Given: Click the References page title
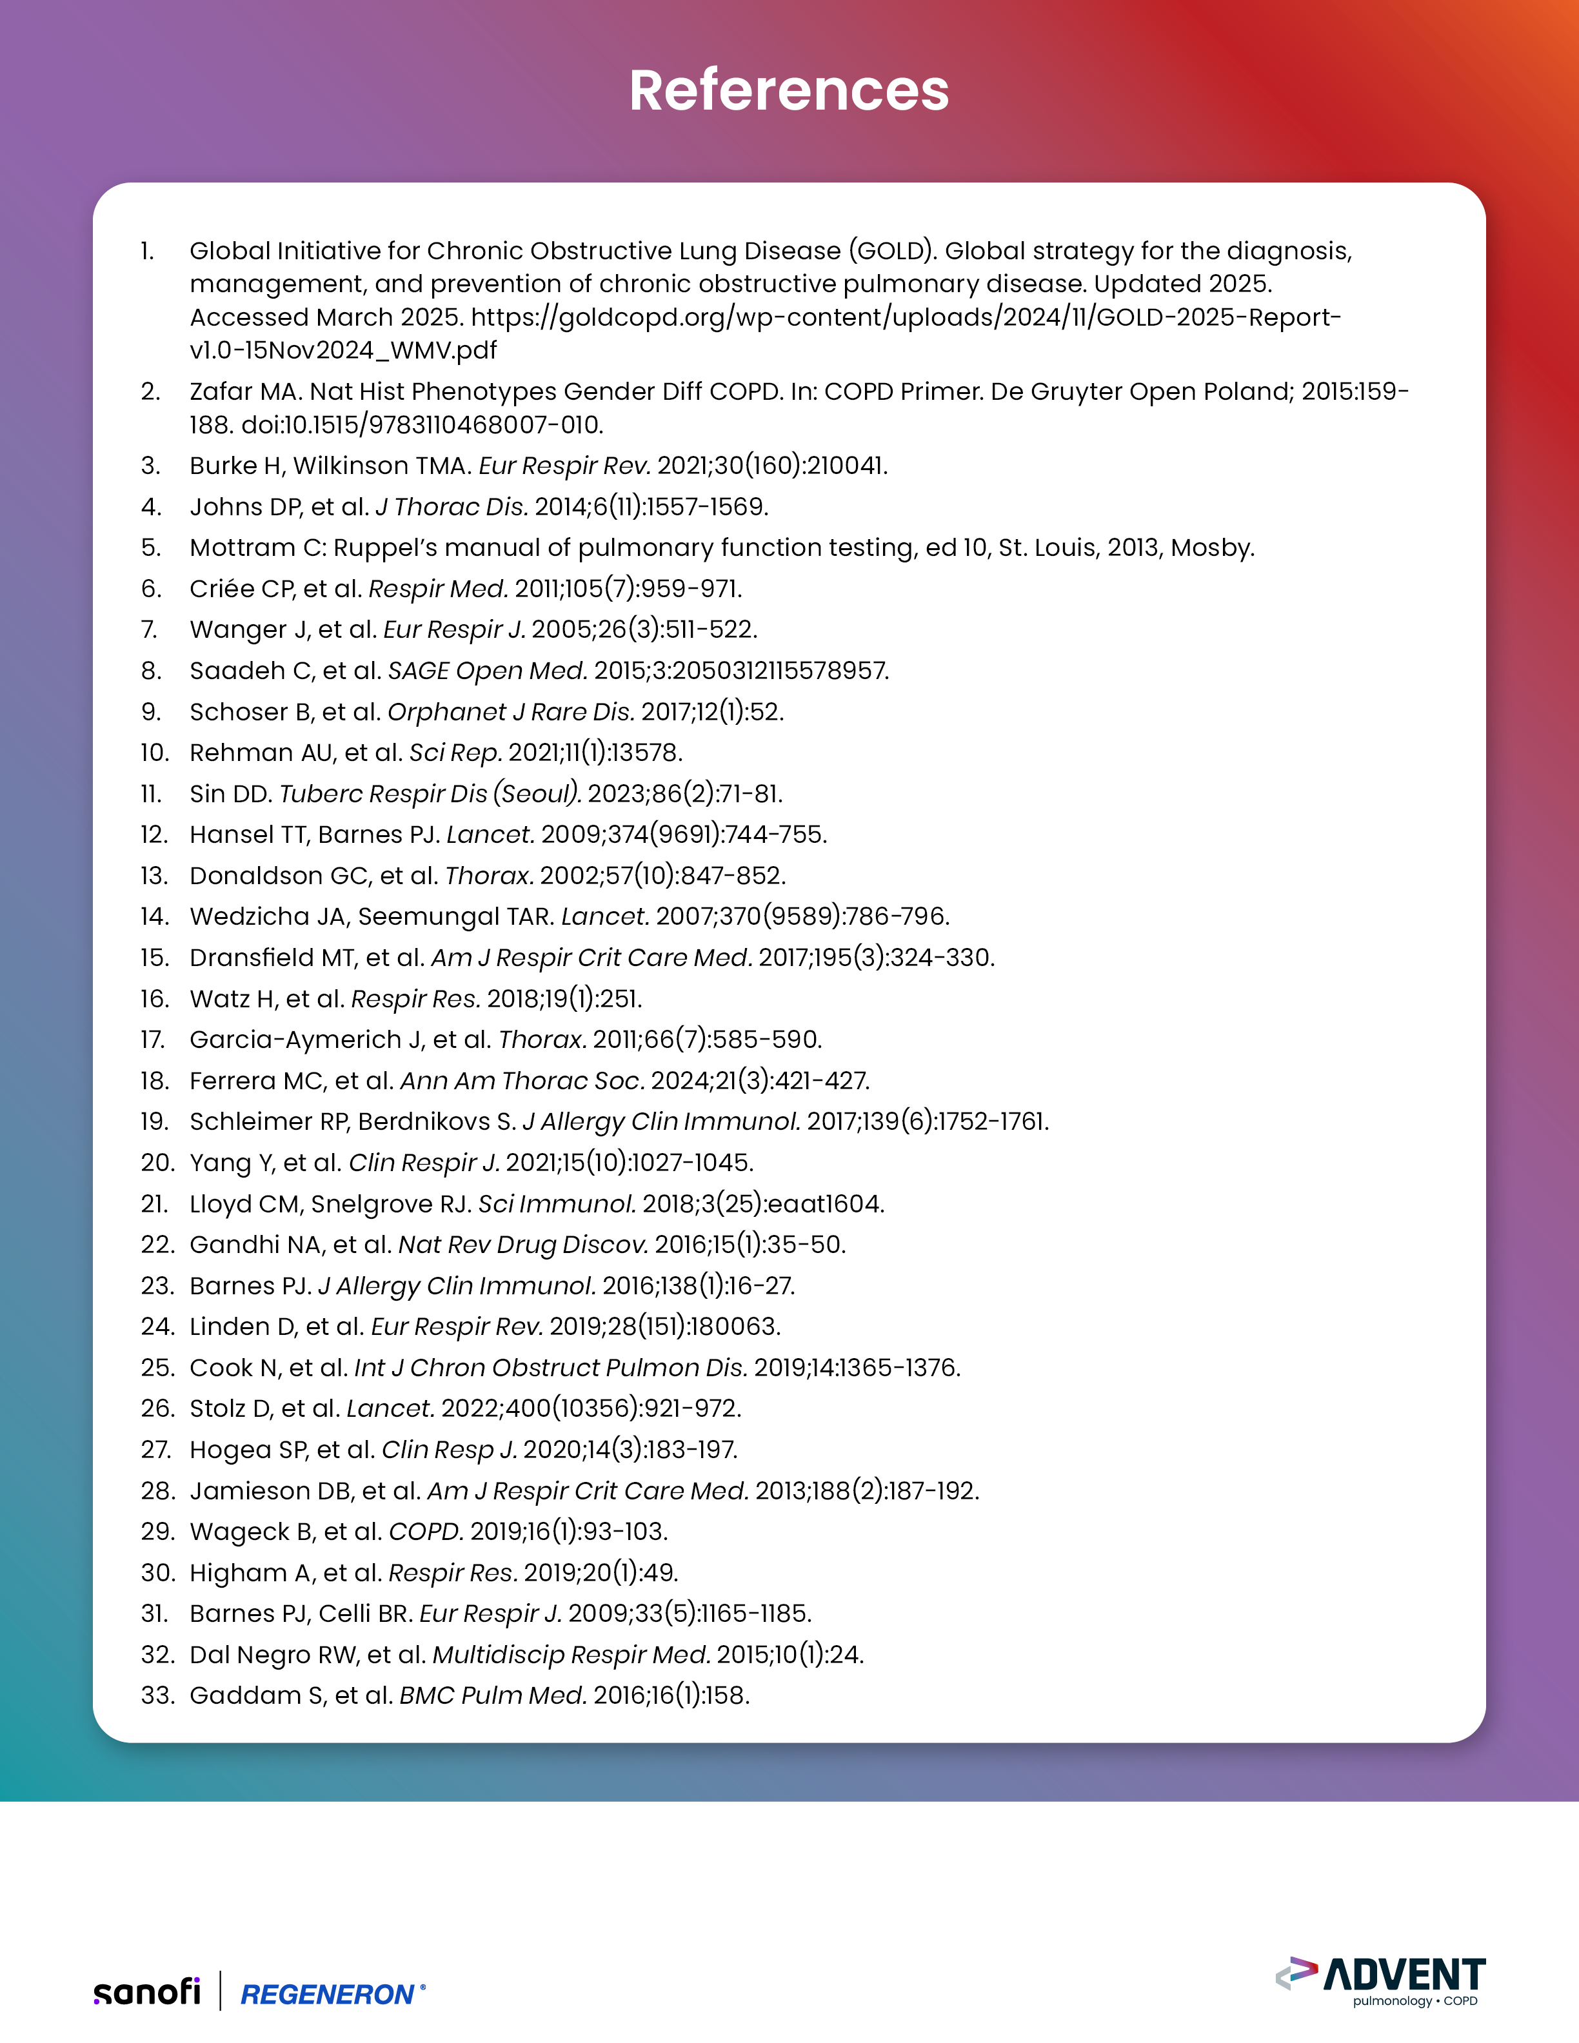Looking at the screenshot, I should (789, 91).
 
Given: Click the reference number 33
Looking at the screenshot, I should (157, 1695).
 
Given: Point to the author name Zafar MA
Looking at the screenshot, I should (245, 391).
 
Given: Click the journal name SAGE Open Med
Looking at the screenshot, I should (488, 671).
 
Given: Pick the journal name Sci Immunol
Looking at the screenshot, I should (557, 1204).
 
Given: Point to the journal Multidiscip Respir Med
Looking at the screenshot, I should (571, 1655).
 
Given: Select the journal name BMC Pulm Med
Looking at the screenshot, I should (493, 1695).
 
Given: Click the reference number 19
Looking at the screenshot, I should (155, 1121).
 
